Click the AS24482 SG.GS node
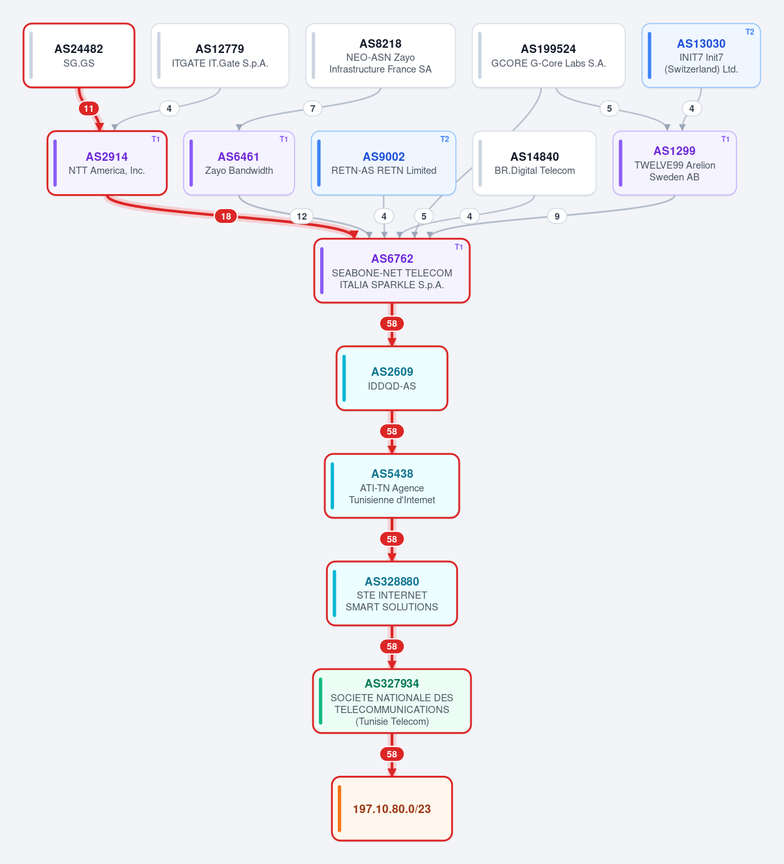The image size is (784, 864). pos(79,56)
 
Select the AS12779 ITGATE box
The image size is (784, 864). pos(220,56)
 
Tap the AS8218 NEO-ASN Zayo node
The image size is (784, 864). pos(380,56)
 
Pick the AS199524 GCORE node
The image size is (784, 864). pos(548,56)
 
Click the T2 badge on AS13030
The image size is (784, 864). pos(749,32)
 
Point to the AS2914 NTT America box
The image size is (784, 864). pos(107,163)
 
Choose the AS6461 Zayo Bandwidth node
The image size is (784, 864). pos(239,163)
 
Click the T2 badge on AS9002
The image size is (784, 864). pos(444,139)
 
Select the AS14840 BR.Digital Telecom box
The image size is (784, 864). pos(534,163)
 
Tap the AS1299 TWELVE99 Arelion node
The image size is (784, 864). pos(675,163)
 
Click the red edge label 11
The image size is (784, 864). pos(89,108)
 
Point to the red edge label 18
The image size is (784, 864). pos(226,216)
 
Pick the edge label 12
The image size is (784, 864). pos(302,216)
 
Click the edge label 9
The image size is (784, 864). pos(557,216)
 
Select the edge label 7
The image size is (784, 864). pos(313,108)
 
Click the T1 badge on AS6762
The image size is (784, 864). pos(459,247)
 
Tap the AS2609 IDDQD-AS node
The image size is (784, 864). pos(392,378)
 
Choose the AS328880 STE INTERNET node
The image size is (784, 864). pos(392,593)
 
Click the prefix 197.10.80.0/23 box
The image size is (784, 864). pos(392,808)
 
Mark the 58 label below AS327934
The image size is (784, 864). pos(392,754)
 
